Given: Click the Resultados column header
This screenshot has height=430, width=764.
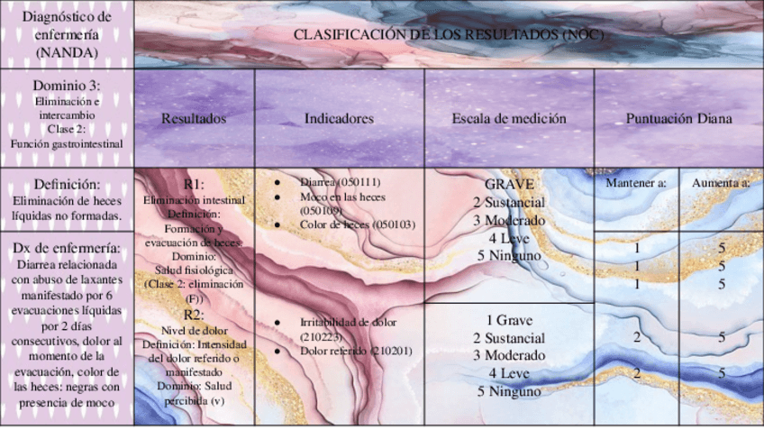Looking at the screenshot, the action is (194, 118).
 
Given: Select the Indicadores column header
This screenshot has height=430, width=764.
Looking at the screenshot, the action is (339, 118).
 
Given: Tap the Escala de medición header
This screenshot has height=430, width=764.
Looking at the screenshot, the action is (509, 118).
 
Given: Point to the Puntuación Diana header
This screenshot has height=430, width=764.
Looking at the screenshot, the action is (678, 118).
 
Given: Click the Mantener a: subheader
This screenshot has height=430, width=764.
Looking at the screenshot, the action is (635, 183).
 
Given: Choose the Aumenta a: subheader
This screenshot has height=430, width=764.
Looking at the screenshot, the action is (721, 183).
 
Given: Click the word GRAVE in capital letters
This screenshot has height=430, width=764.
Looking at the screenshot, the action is (509, 184).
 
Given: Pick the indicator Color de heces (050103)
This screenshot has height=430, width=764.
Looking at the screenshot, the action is (357, 224).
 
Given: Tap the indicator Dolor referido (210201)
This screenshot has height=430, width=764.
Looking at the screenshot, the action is (355, 351).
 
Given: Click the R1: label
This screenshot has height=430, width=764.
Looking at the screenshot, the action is (194, 184).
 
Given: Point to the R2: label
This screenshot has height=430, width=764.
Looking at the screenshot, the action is (194, 315).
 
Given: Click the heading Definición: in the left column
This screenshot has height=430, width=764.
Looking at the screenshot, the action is (67, 183).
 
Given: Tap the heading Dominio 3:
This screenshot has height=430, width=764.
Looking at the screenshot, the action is (67, 86).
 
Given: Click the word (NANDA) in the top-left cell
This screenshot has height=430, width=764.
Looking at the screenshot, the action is (67, 51).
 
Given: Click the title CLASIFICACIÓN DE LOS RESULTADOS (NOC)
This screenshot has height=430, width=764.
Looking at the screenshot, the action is (449, 34).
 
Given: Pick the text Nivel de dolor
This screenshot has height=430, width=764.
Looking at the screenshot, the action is (194, 329).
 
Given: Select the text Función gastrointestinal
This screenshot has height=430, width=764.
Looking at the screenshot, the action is (67, 142).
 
